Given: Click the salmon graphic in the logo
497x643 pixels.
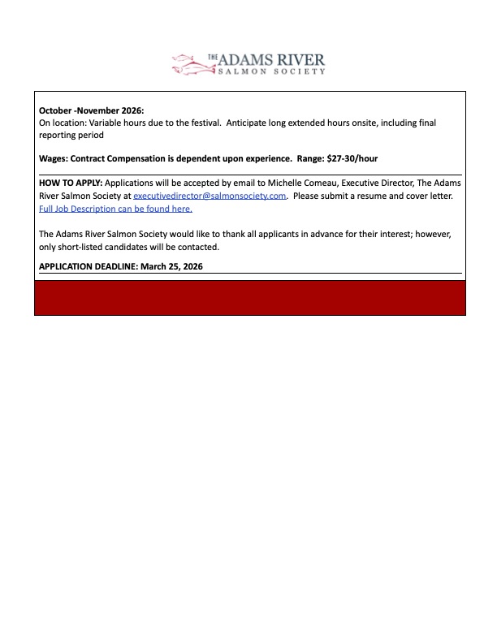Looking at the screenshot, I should (x=189, y=63).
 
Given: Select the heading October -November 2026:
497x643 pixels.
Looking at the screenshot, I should (x=91, y=110).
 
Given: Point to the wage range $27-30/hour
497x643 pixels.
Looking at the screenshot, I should (x=352, y=158).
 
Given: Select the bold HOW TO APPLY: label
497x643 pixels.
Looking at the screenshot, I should (x=71, y=184).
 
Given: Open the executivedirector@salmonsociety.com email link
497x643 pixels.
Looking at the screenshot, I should (x=210, y=196).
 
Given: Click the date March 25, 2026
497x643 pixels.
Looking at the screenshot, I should (x=170, y=265).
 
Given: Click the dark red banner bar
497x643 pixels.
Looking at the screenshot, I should (x=249, y=298).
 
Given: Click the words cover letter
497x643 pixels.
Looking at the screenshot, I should (x=431, y=196).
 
